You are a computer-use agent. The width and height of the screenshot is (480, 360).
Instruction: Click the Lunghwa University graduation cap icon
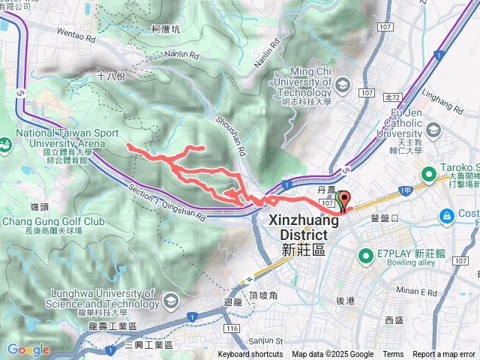click(171, 301)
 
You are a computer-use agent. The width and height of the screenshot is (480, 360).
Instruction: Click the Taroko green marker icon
click(429, 175)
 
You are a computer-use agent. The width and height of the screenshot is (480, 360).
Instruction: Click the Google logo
click(28, 349)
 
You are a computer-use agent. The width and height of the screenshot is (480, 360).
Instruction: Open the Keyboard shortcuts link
click(250, 355)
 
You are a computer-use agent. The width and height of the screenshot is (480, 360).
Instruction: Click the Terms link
click(393, 355)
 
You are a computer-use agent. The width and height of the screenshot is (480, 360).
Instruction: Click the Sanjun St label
click(265, 341)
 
